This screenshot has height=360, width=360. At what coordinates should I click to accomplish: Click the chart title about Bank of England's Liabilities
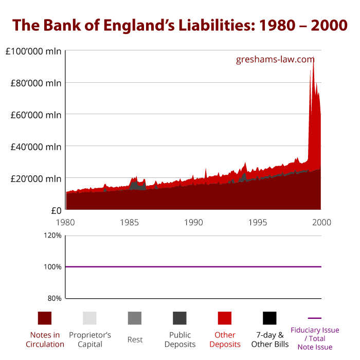click(180, 24)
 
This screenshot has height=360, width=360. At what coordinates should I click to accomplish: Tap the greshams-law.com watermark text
click(275, 59)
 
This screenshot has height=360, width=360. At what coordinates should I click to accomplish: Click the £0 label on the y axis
click(55, 210)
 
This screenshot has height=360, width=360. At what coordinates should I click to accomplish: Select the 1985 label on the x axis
click(130, 222)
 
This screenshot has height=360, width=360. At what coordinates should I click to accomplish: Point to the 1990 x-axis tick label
click(194, 222)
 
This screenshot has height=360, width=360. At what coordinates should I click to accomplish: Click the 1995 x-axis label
click(258, 222)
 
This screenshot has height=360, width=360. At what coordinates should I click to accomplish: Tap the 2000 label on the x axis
click(321, 222)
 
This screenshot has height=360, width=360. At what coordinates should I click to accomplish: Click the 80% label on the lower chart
click(54, 298)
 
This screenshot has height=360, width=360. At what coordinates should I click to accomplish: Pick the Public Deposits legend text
click(179, 339)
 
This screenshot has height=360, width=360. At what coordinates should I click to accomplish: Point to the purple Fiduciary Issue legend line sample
click(315, 318)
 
